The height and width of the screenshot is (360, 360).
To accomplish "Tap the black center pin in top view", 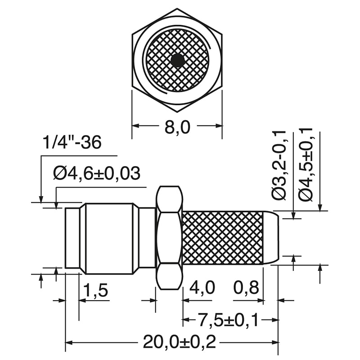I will click(x=178, y=60).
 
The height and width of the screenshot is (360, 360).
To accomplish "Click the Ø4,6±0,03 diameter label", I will click(x=96, y=173).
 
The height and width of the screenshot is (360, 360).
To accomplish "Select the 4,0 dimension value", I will click(x=202, y=288).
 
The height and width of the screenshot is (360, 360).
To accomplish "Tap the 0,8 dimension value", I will click(x=247, y=288).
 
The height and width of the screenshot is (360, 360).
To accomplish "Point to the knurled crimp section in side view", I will click(x=223, y=237).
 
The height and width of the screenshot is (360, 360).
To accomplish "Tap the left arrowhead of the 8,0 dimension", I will click(x=135, y=126).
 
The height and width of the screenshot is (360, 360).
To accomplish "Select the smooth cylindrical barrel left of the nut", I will click(x=109, y=238).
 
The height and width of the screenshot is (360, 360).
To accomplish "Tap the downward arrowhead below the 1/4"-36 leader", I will click(x=41, y=199).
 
